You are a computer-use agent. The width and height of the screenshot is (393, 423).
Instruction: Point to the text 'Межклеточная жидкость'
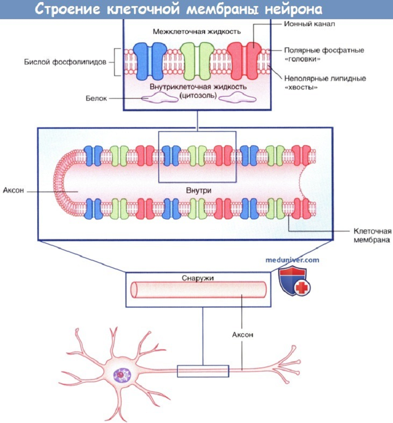tap(197, 31)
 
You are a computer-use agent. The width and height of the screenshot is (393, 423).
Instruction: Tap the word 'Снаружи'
tap(196, 278)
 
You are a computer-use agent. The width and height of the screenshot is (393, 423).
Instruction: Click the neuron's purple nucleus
tap(122, 375)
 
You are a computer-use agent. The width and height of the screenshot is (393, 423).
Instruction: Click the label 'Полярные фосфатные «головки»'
tap(324, 54)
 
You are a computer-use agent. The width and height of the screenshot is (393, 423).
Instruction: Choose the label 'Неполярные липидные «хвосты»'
tap(324, 83)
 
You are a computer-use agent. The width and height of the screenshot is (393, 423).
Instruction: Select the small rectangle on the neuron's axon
tap(203, 372)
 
